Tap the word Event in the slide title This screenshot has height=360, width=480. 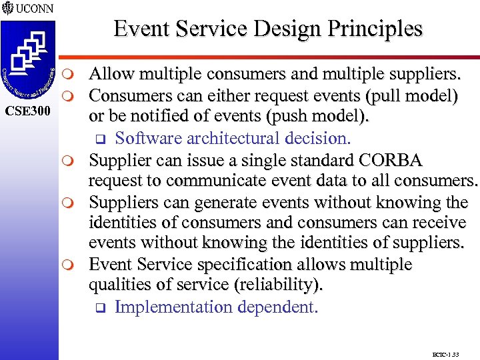tap(139, 29)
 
